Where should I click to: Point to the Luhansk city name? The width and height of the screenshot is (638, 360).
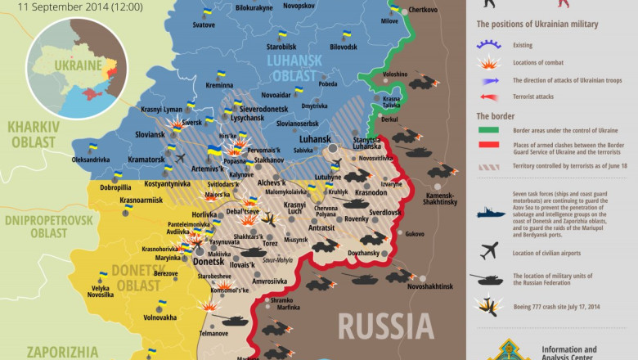click(315, 140)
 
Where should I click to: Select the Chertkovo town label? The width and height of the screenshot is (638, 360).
click(423, 10)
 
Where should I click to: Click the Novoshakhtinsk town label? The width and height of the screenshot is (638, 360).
click(429, 286)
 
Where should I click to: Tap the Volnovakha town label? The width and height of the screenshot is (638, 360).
click(160, 317)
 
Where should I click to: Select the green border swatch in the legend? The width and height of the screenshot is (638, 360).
click(490, 130)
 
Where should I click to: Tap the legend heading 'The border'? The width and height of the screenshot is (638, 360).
click(496, 115)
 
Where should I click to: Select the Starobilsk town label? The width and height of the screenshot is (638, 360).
click(281, 47)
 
